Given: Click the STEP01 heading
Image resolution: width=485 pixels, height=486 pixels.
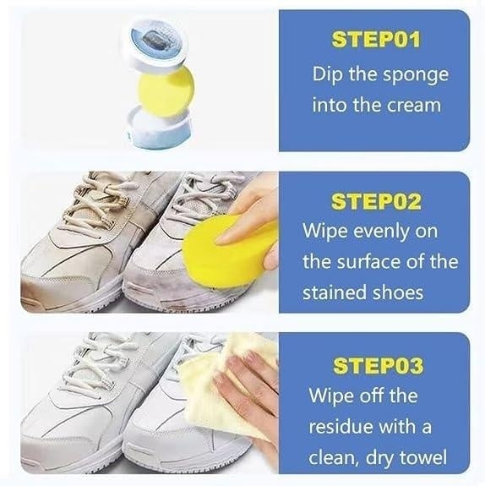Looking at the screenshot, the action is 376,39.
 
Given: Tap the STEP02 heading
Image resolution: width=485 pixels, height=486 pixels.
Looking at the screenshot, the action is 376,201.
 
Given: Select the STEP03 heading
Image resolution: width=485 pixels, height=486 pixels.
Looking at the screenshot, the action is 378,365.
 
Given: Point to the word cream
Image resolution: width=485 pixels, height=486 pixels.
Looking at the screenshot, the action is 414,106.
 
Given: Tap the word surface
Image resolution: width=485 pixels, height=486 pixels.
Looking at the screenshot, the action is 368,262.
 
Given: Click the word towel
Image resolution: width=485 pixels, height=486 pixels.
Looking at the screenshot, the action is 423,457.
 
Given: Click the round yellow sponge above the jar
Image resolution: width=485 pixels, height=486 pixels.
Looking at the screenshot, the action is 165,92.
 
